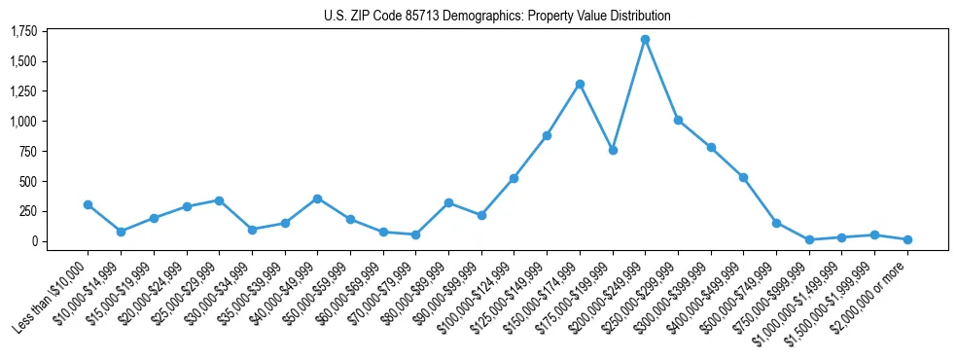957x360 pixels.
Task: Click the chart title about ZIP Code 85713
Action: click(497, 16)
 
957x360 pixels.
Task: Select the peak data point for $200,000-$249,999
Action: click(645, 40)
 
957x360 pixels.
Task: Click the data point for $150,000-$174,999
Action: click(580, 84)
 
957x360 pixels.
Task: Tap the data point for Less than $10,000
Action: click(88, 204)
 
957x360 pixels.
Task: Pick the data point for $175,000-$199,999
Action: click(613, 150)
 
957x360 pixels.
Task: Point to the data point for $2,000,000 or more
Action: click(907, 239)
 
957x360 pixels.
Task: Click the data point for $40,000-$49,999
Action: click(317, 198)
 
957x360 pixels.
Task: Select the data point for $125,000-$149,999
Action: click(547, 135)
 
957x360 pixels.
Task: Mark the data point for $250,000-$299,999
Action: click(678, 120)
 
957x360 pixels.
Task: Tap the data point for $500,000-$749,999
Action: click(776, 223)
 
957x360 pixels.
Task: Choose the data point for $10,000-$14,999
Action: click(121, 232)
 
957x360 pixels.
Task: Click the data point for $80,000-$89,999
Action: click(448, 202)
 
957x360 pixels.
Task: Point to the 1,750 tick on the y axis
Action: click(23, 32)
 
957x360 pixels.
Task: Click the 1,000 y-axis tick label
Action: click(23, 122)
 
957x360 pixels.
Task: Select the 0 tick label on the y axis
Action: click(32, 241)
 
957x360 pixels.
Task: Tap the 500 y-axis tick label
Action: click(27, 182)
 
